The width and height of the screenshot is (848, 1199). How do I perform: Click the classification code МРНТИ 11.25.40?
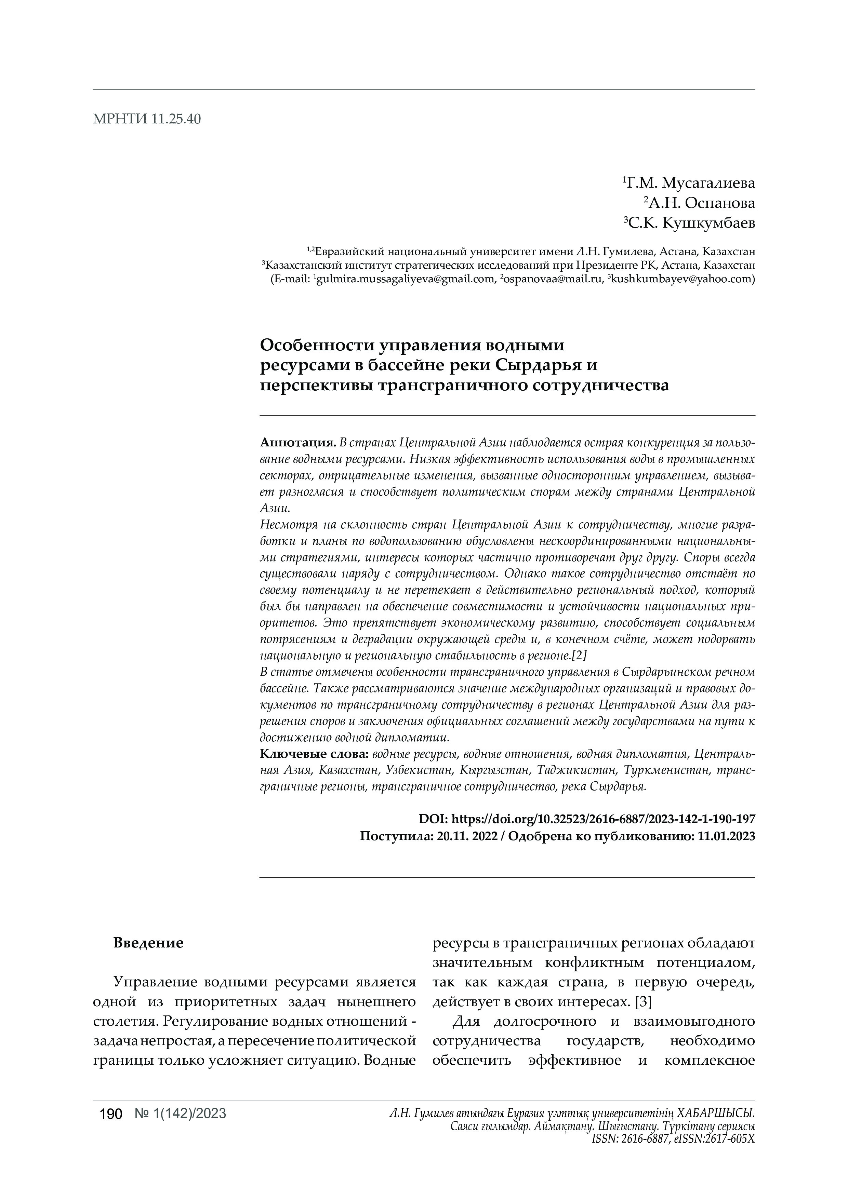[x=146, y=119]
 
